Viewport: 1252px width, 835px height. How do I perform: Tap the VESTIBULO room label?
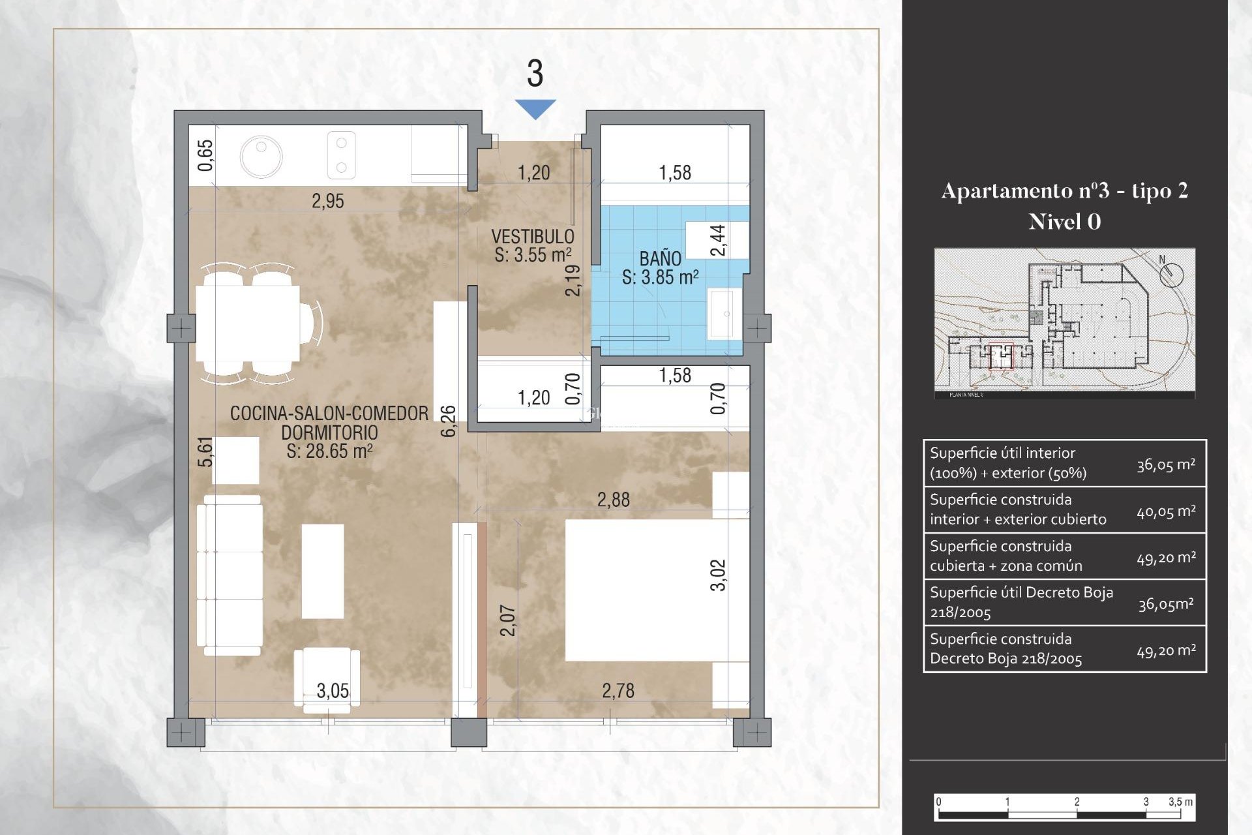[x=532, y=236]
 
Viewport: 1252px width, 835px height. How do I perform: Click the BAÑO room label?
[x=660, y=258]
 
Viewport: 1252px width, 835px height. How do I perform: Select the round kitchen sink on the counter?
[x=261, y=157]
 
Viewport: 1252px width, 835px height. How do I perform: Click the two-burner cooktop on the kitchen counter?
[x=341, y=155]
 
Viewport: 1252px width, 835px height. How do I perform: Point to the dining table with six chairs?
[x=248, y=324]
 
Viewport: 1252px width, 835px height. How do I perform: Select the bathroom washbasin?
[x=724, y=314]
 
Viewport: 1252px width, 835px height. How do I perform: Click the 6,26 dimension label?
[x=449, y=421]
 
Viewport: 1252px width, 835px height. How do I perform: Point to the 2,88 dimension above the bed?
[x=613, y=500]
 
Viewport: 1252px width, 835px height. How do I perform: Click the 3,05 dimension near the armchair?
[x=333, y=691]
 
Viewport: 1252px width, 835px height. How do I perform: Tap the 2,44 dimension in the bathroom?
[x=717, y=240]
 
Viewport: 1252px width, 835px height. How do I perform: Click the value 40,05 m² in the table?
[x=1166, y=511]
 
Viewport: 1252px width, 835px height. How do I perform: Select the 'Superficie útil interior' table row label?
[x=1007, y=463]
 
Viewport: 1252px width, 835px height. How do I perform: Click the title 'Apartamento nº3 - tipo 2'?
[x=1064, y=191]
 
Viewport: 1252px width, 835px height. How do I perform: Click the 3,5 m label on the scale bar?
[x=1180, y=802]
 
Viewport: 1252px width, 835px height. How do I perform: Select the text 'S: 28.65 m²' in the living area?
[x=329, y=451]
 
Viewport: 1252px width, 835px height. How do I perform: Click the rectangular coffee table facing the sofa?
[x=323, y=571]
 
